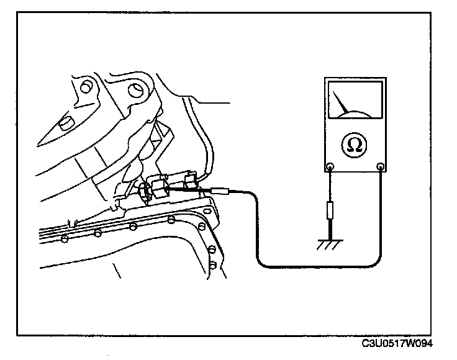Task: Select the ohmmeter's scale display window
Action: [x=355, y=100]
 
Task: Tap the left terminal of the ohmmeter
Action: [x=330, y=166]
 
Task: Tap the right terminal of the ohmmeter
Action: [x=381, y=166]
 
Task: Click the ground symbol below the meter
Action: [x=330, y=245]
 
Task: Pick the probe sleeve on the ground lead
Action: [x=330, y=210]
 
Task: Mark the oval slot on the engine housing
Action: [x=63, y=125]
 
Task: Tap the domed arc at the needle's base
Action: [x=355, y=113]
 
